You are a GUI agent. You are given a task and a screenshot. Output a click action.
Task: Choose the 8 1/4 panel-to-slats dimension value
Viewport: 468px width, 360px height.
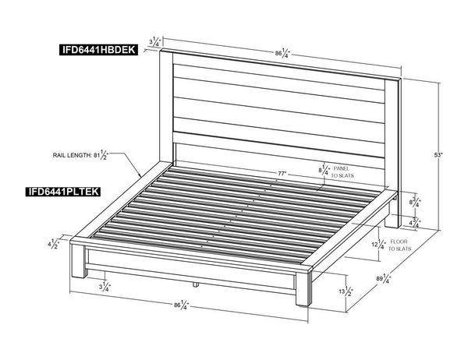click(324, 168)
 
